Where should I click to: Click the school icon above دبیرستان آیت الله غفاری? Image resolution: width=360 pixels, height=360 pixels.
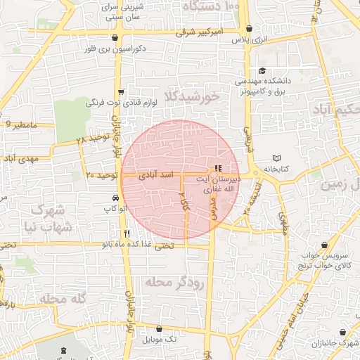217,169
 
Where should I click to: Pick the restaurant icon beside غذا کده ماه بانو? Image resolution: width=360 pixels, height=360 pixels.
127,233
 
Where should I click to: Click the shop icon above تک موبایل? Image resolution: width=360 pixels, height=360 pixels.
160,328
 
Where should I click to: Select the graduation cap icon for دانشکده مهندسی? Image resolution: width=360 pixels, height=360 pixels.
263,70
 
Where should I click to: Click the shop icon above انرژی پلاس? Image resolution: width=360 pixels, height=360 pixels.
250,30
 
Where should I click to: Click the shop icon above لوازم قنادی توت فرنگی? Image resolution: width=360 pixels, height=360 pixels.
121,91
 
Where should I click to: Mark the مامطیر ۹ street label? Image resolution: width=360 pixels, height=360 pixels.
19,124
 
